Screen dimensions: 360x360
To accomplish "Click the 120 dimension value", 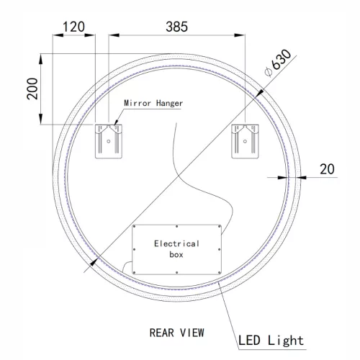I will (73, 27).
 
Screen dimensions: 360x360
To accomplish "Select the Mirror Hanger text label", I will (153, 104).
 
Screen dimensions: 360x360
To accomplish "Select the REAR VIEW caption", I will (176, 333).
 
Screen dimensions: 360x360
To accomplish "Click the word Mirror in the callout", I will (138, 104).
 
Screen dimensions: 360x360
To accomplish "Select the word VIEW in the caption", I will (192, 333).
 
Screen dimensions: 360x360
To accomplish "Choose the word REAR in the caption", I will (162, 333).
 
